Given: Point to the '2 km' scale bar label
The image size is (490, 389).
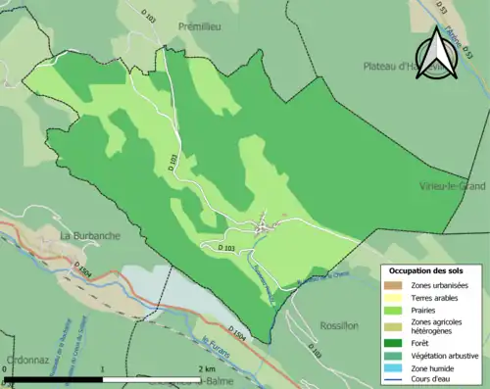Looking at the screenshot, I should pyautogui.click(x=206, y=368).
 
